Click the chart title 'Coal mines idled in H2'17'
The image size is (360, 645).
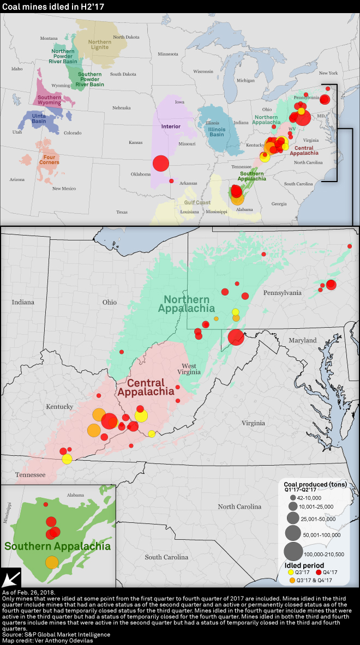pyautogui.click(x=53, y=7)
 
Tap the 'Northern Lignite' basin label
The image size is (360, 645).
pyautogui.click(x=100, y=45)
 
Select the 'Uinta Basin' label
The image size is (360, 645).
pyautogui.click(x=38, y=118)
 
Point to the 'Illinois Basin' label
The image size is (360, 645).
pyautogui.click(x=217, y=131)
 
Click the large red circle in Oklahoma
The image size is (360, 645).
pyautogui.click(x=161, y=163)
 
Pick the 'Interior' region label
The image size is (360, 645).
pyautogui.click(x=171, y=126)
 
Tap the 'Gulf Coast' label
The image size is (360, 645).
pyautogui.click(x=193, y=202)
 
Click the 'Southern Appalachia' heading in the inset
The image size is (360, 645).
pyautogui.click(x=57, y=546)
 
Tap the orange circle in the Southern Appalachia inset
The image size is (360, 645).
pyautogui.click(x=52, y=562)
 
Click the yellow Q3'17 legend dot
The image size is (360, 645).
pyautogui.click(x=291, y=572)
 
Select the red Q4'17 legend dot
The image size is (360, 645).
pyautogui.click(x=319, y=572)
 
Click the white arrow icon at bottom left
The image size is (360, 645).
pyautogui.click(x=11, y=578)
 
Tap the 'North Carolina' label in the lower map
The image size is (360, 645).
pyautogui.click(x=239, y=507)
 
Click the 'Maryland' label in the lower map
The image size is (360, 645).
pyautogui.click(x=302, y=340)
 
